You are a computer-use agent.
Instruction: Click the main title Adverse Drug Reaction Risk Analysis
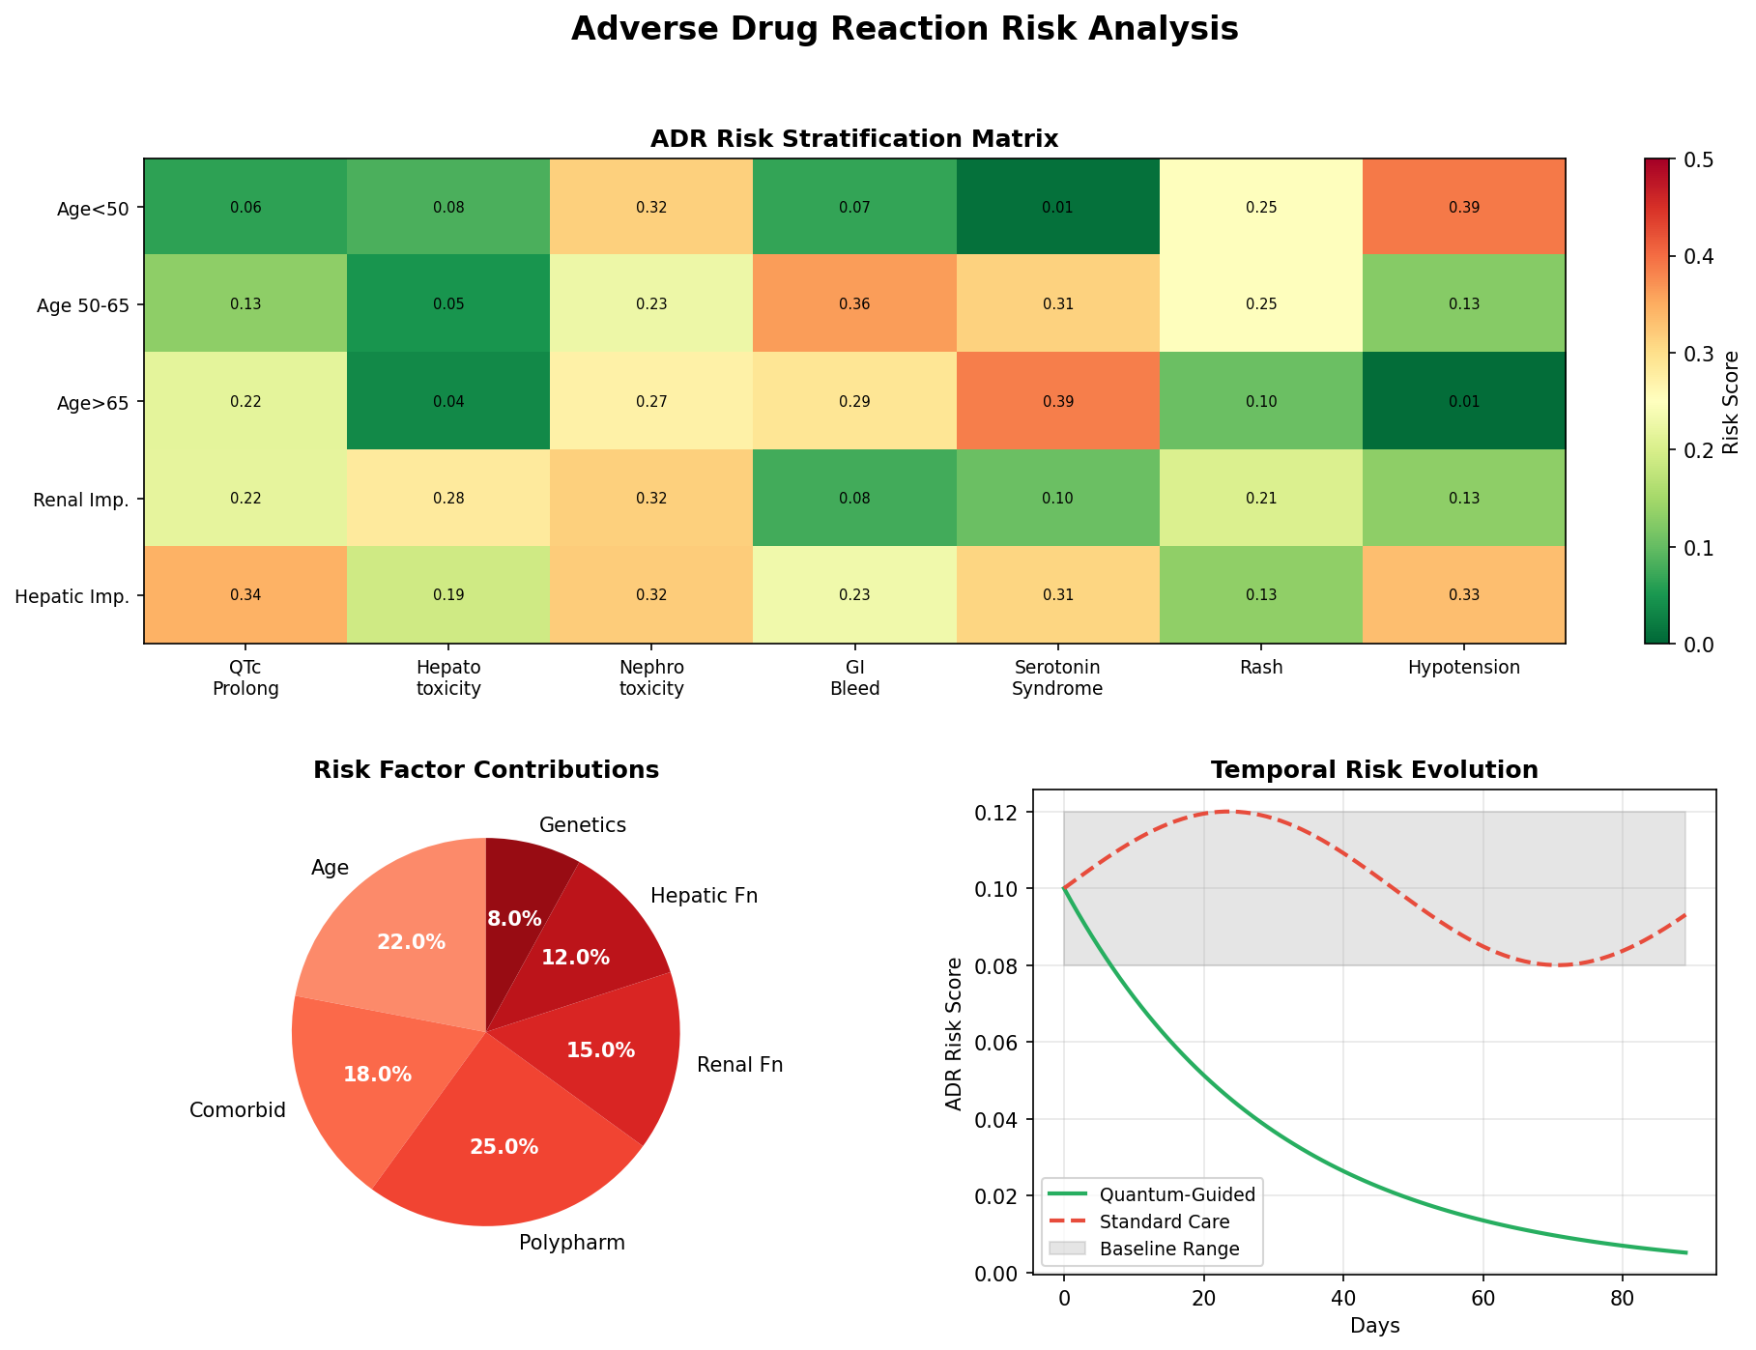point(904,30)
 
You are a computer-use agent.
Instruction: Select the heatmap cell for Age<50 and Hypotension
point(1463,207)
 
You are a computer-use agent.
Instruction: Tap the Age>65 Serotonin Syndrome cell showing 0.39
point(1057,401)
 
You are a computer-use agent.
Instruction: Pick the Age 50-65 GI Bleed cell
point(854,303)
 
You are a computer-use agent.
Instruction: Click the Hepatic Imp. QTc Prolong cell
point(245,595)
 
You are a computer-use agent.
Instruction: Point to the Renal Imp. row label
point(81,500)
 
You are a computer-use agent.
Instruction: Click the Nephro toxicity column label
point(651,677)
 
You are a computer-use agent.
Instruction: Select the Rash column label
point(1260,667)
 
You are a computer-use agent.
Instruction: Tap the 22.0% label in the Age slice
point(412,942)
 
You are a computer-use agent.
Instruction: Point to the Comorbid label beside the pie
point(238,1110)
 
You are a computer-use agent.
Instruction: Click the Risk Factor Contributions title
point(486,770)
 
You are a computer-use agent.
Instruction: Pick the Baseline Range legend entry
point(1169,1249)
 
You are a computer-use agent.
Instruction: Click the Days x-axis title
point(1374,1326)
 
